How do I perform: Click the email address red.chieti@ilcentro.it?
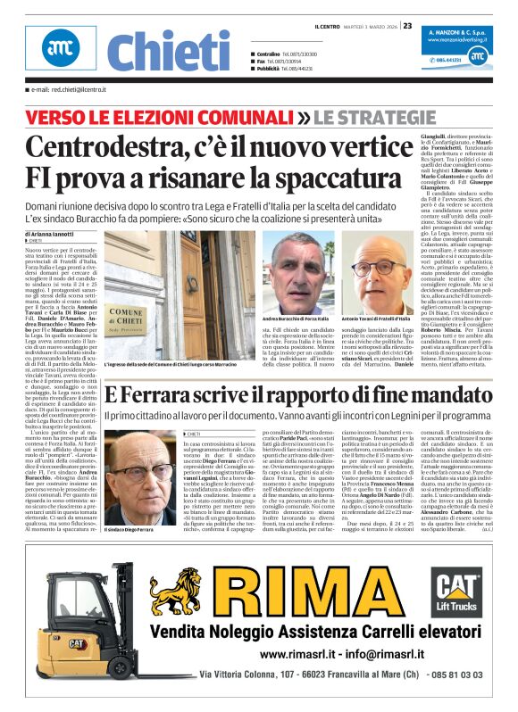pos(68,90)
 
